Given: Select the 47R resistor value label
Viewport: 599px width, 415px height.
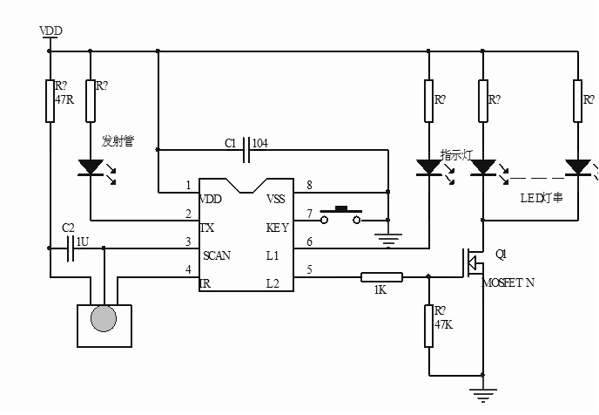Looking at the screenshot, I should pos(64,99).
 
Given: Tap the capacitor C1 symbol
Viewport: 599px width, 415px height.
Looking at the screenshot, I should pos(247,149).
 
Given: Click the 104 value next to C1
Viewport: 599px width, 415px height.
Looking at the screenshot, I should pos(260,142).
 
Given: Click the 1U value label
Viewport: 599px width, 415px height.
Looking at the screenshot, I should pos(82,240).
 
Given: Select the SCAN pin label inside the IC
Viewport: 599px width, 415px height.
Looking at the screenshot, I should pos(217,255).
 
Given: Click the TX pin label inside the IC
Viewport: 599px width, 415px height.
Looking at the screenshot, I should pos(207,228).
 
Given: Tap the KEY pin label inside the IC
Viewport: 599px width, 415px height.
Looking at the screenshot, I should pos(278,228).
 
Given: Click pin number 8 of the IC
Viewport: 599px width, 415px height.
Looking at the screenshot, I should pos(309,185).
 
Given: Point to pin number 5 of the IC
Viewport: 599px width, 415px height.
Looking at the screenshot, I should pos(309,269).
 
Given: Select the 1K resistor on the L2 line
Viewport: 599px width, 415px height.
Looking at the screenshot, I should pos(381,277).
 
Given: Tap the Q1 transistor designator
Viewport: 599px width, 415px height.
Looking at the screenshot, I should pos(500,255).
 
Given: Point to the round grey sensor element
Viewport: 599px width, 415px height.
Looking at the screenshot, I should pos(104,318).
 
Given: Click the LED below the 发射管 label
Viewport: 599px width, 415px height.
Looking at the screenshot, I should pos(91,166).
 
